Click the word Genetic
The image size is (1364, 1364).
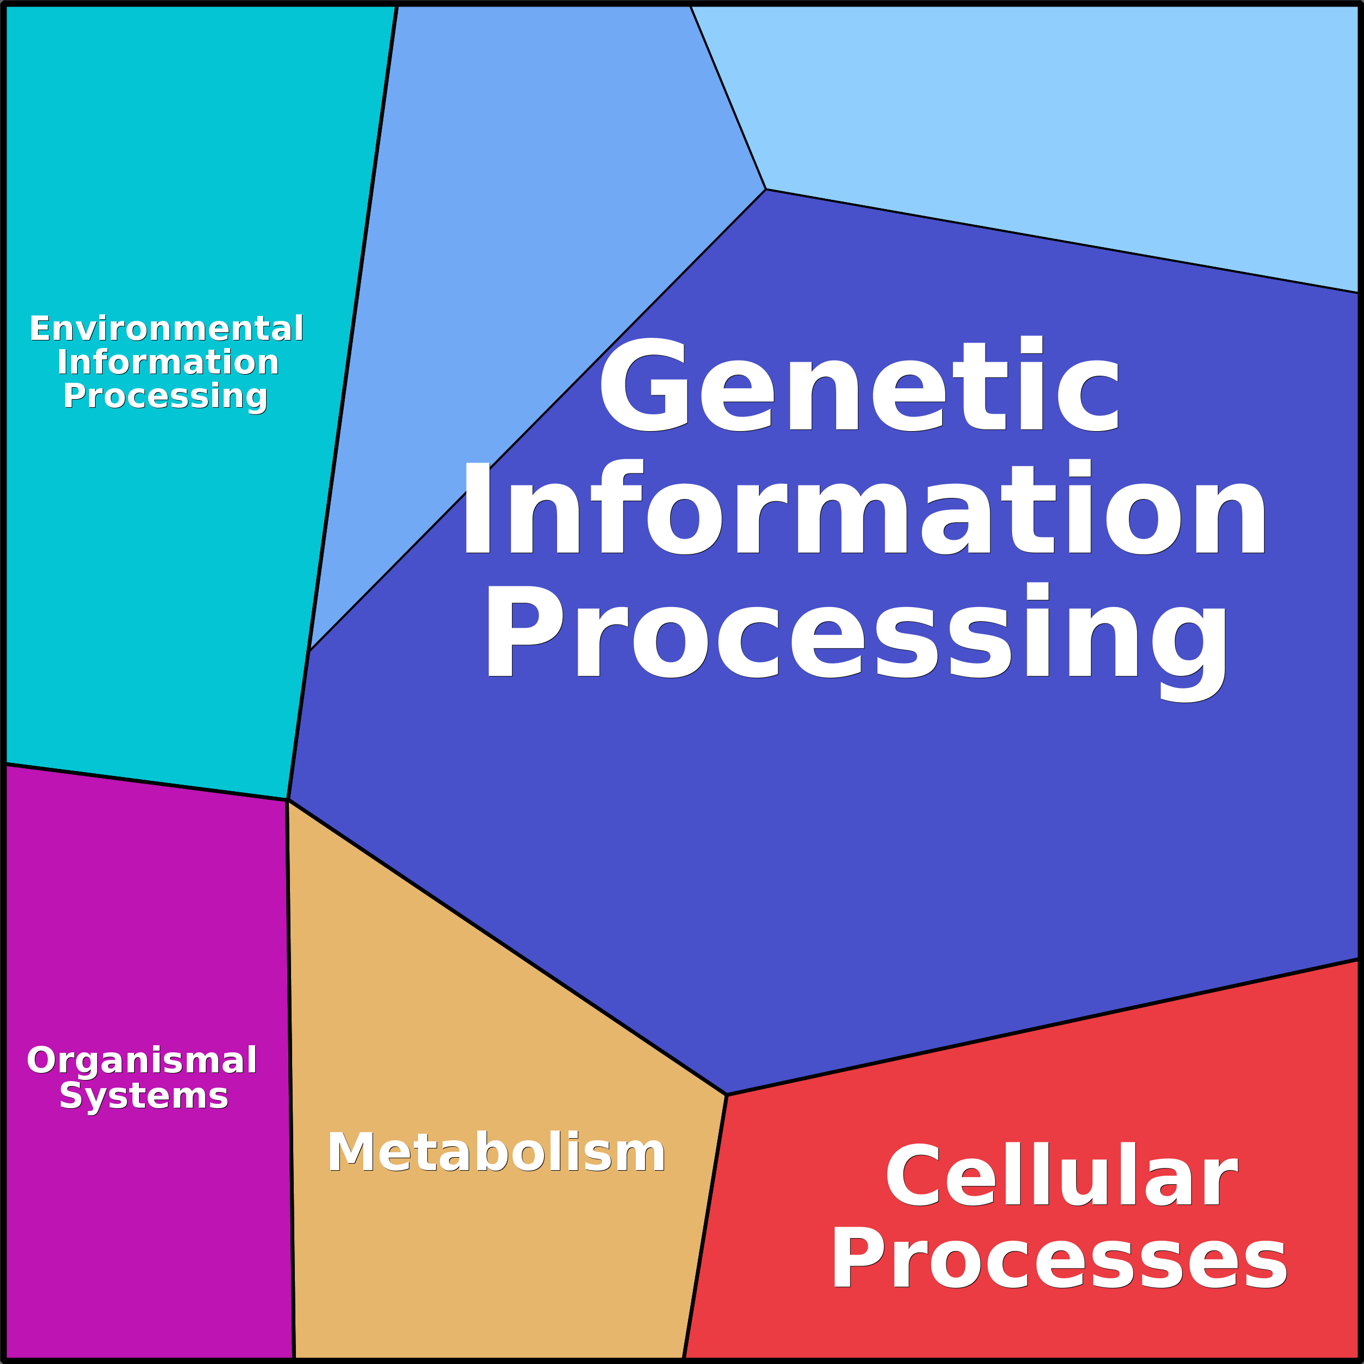(x=858, y=385)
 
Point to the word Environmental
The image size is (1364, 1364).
(x=167, y=329)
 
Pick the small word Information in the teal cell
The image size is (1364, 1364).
(x=168, y=362)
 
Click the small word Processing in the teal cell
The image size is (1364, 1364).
(x=165, y=396)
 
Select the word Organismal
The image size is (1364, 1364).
(x=142, y=1060)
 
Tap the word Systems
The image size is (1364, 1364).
(x=144, y=1096)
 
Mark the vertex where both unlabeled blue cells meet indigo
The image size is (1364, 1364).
(x=765, y=189)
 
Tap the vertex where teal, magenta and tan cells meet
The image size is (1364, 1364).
(x=287, y=800)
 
